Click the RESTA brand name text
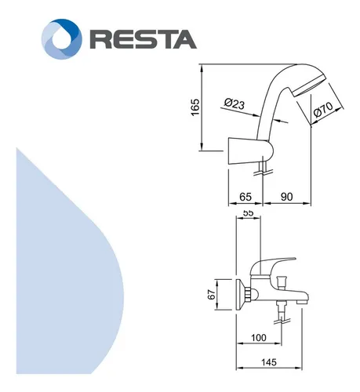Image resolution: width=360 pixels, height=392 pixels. [x=144, y=39]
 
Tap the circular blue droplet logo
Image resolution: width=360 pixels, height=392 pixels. [x=62, y=39]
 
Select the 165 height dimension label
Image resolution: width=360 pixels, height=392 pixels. [x=195, y=107]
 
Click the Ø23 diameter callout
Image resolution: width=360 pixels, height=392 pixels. [x=235, y=103]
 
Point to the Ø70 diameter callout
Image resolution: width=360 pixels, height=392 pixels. [x=323, y=110]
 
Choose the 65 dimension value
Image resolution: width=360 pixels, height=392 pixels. [x=245, y=197]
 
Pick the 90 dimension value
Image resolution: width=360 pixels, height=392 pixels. [x=286, y=197]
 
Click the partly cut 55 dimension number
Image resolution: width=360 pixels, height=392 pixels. [x=248, y=212]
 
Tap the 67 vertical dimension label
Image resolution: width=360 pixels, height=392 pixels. [x=212, y=295]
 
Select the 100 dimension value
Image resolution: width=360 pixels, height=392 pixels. [x=259, y=338]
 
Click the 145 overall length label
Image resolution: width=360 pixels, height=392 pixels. [x=269, y=362]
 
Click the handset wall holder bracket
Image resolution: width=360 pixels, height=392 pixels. [x=250, y=151]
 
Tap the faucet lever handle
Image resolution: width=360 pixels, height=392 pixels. [x=273, y=265]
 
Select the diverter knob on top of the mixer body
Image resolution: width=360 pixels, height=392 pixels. [x=282, y=281]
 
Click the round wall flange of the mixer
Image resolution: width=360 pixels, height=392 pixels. [x=240, y=295]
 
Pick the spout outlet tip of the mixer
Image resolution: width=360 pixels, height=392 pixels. [x=303, y=301]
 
